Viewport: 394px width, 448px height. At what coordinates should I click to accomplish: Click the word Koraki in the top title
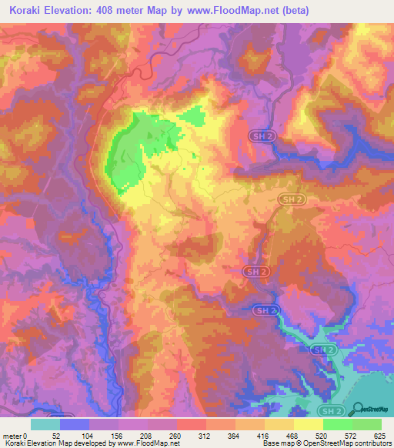30,12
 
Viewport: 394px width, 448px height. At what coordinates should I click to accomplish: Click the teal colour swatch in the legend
45,424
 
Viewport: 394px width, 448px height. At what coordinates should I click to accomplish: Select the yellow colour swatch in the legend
308,424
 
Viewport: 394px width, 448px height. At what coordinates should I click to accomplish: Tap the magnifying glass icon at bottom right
356,410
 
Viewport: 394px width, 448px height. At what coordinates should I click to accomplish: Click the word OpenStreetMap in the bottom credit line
316,443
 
